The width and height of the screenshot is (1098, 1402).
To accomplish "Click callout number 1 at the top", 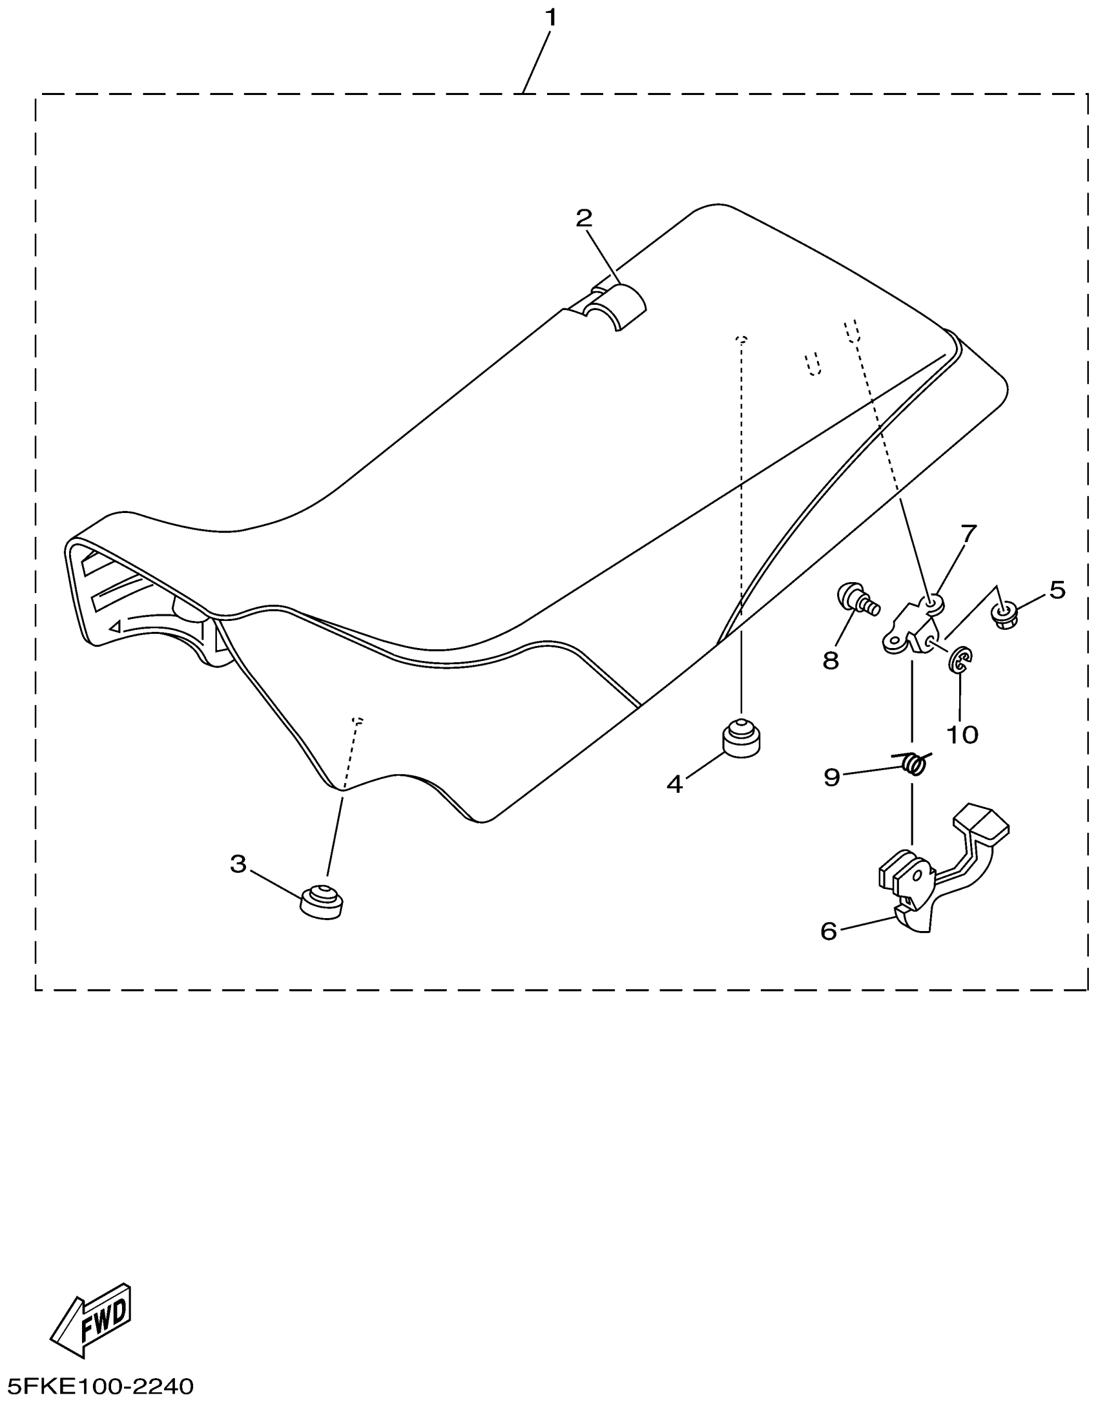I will (x=550, y=18).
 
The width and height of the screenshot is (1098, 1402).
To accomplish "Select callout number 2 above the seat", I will (x=584, y=219).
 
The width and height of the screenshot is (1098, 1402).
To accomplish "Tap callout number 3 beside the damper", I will (x=238, y=864).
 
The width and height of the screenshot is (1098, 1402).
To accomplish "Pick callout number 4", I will (x=674, y=784).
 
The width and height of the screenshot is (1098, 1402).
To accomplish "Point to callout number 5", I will (x=1057, y=589).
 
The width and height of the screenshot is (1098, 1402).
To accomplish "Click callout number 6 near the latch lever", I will (x=829, y=931).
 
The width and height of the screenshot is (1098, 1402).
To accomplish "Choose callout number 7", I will (x=969, y=534).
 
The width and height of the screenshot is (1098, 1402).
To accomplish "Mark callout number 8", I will (x=831, y=660).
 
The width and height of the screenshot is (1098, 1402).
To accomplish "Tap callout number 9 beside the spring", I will (x=832, y=777).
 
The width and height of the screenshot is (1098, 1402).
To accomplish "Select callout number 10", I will (x=962, y=735).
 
